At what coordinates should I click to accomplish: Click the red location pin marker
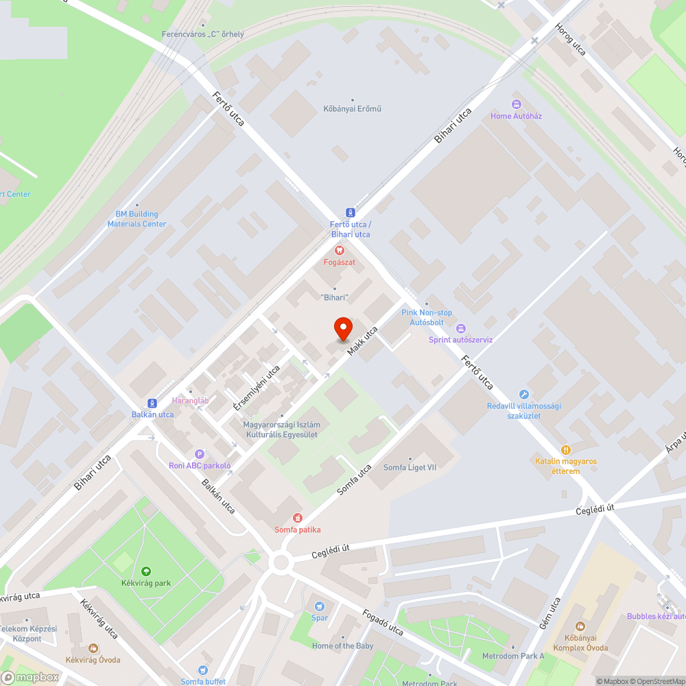point(343,329)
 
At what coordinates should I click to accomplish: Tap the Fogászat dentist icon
point(339,251)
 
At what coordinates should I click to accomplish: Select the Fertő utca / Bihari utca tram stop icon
point(351,213)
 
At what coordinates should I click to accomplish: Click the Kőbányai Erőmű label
point(352,108)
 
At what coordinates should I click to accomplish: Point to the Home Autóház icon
point(516,104)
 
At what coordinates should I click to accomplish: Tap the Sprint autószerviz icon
point(460,329)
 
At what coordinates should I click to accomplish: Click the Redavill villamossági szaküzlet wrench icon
point(524,394)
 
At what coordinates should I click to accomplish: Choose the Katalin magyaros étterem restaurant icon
point(566,450)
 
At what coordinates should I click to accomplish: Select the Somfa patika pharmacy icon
point(297,518)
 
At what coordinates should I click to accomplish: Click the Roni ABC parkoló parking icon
point(200,454)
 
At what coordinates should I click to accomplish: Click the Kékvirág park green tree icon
point(145,571)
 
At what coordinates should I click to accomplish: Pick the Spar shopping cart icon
point(319,606)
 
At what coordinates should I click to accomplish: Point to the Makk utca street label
point(362,342)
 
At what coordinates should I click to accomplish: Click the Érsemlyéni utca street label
point(257,388)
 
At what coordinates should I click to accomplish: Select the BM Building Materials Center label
point(137,219)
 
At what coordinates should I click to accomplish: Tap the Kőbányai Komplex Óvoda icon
point(580,626)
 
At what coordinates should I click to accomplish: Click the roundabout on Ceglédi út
point(281,563)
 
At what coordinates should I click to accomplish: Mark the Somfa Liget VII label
point(410,467)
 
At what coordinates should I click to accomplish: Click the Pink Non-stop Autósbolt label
point(427,317)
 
